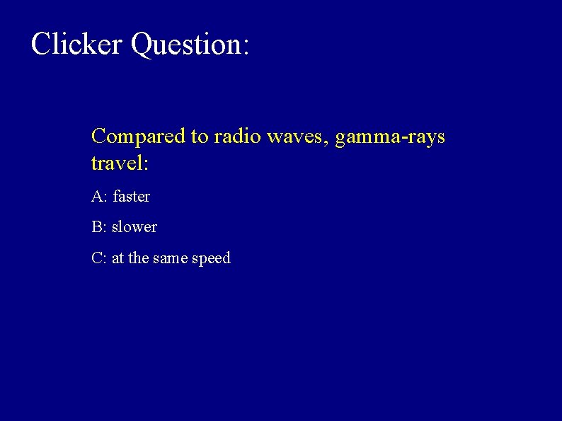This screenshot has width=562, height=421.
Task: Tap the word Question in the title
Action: pos(186,44)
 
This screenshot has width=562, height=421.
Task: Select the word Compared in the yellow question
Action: pos(138,136)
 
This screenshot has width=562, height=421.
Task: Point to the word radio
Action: pos(237,136)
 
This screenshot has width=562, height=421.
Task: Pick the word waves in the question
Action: pos(296,136)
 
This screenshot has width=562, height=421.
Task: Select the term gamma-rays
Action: pos(390,136)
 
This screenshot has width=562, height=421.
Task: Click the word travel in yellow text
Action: pos(115,163)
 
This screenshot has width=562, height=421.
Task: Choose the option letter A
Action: pos(97,196)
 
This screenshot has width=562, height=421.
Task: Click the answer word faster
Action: pos(132,196)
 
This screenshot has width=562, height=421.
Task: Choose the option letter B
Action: pos(97,227)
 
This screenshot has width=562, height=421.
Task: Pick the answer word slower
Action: pos(134,227)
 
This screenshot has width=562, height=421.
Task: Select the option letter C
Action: pos(98,258)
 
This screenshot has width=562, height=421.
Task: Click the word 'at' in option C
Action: pos(117,258)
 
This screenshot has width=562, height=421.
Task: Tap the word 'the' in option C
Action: pos(139,258)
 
